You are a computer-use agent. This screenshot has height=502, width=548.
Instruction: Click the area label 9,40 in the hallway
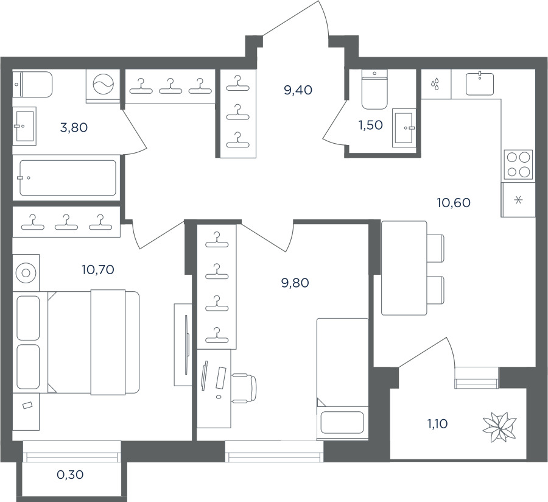[298, 90]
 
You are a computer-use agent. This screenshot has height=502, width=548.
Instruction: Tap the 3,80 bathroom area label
[74, 127]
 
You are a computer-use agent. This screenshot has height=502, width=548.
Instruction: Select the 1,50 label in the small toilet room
[370, 125]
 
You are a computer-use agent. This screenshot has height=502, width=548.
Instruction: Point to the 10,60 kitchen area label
[454, 202]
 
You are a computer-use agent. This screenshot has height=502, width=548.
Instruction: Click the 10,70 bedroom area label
[98, 270]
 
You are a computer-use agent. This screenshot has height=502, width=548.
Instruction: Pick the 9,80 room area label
[295, 283]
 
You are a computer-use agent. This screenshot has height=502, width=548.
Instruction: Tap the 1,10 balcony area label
[437, 424]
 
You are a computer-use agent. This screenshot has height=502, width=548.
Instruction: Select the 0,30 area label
[70, 475]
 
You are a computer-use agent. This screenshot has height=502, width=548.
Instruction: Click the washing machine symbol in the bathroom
[103, 84]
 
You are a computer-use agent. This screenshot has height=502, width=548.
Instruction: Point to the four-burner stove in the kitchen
[518, 166]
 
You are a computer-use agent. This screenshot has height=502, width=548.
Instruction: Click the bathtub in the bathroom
[68, 177]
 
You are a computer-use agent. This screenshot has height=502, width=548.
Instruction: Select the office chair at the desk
[245, 387]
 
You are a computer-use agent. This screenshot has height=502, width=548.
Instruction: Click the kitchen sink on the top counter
[480, 84]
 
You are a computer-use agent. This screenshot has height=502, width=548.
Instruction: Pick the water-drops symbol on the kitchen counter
[435, 84]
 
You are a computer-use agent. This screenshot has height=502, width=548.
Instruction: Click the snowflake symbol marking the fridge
[519, 200]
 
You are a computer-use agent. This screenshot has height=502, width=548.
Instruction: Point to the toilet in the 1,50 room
[374, 90]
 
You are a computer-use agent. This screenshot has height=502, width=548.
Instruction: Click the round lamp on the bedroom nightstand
[26, 273]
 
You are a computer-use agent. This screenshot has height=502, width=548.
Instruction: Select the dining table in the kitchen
[404, 268]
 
